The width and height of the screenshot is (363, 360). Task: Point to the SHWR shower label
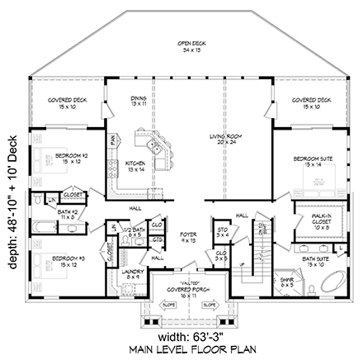[285, 282]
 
